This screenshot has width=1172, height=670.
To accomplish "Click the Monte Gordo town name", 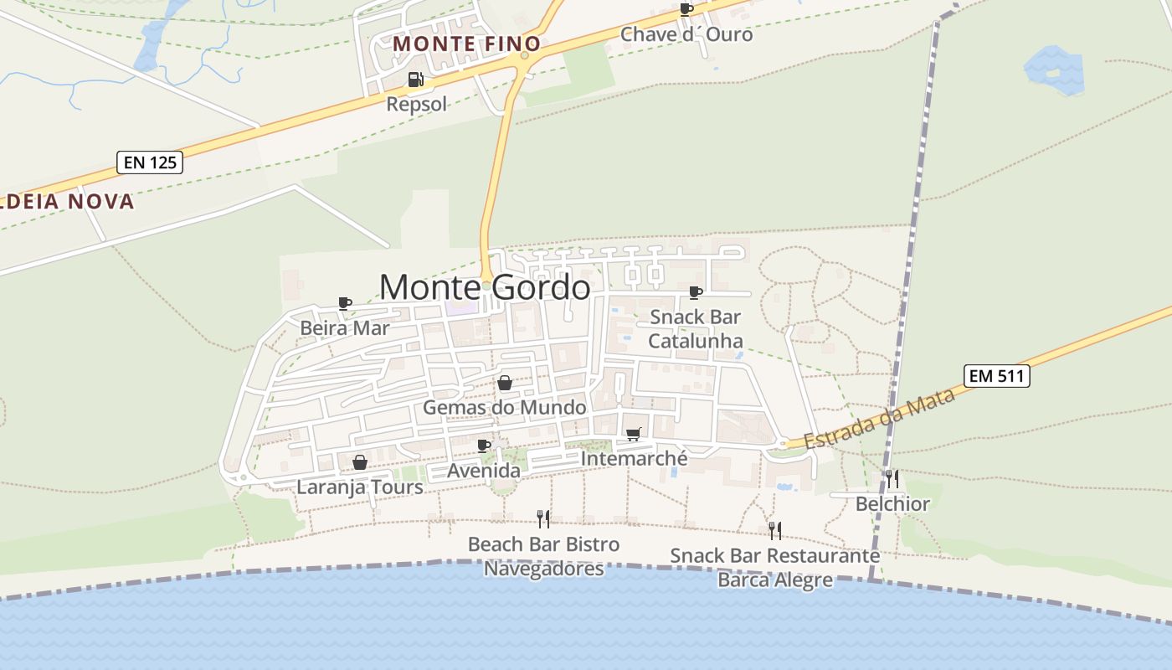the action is point(485,287).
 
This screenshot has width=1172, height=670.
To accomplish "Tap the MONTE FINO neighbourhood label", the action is point(466,44).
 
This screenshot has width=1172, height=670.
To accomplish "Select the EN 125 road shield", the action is point(151,162).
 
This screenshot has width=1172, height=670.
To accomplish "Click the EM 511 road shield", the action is point(996,376).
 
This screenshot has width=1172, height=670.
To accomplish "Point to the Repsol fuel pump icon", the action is point(415,80).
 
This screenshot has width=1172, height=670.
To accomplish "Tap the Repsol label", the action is point(416,104).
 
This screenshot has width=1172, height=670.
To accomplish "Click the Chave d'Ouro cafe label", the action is point(686,34).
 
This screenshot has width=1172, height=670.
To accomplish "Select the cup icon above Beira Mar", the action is point(344,303).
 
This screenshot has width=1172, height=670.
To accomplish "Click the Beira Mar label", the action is point(344,327).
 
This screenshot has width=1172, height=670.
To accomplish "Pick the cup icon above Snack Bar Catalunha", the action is point(695,292).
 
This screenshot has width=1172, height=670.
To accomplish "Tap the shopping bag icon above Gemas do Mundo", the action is point(505,384).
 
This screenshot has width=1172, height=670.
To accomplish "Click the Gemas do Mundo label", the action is point(504,407).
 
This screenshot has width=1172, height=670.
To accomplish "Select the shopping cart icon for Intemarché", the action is point(633,434).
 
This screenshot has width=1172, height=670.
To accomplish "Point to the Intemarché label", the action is point(634,459).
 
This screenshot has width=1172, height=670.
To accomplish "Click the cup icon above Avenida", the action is point(483,446).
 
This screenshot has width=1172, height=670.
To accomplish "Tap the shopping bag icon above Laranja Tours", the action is point(359,462).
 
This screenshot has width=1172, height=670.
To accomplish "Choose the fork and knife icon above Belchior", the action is point(892,479).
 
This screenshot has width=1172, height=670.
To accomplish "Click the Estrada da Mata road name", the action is point(879,419).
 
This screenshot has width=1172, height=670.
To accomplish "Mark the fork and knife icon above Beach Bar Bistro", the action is point(543,519).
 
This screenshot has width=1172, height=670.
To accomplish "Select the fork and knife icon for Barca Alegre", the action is point(774,530).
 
